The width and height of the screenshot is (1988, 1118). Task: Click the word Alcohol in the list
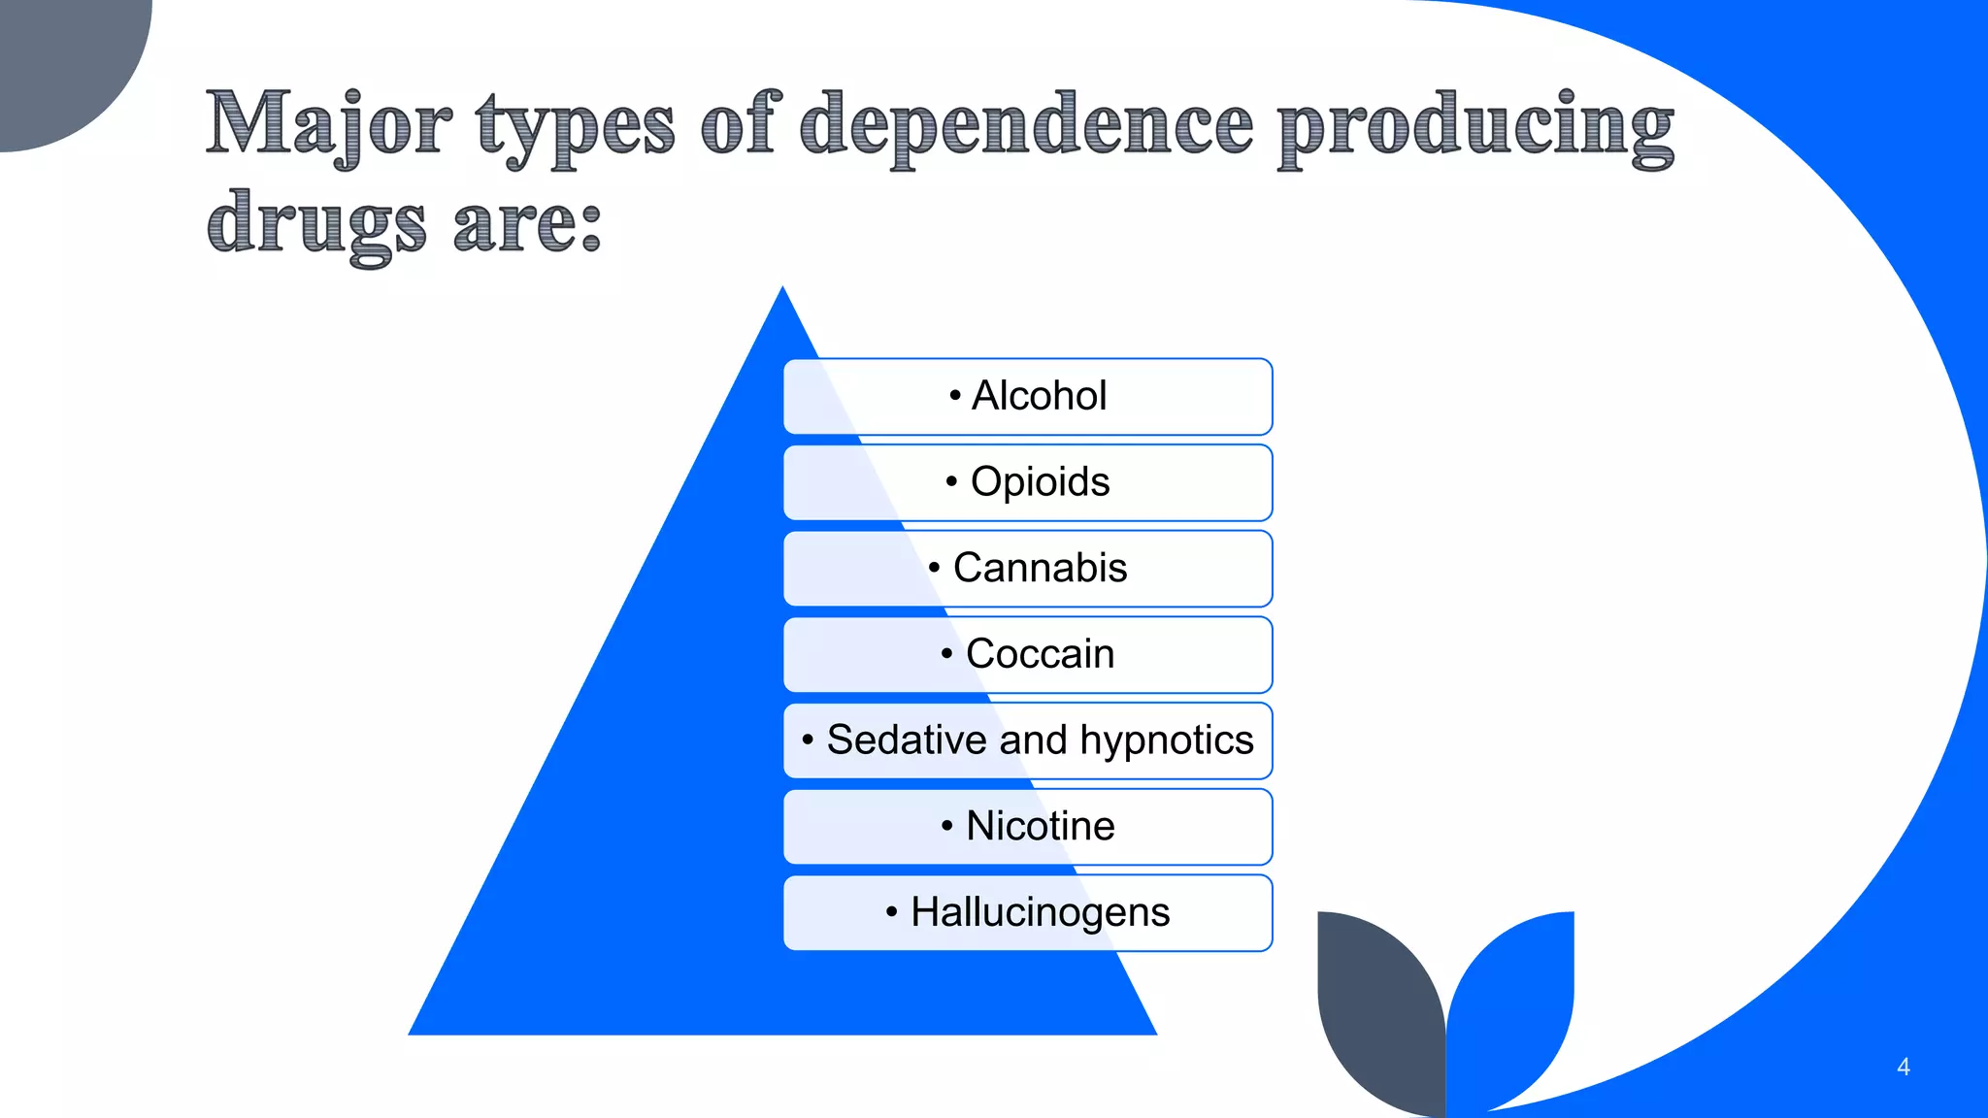[1039, 396]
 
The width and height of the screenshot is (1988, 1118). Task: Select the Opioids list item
[1040, 482]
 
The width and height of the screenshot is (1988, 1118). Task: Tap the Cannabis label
[1040, 568]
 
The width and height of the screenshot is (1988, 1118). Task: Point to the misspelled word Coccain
[1040, 654]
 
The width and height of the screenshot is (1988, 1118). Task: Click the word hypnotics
[1167, 740]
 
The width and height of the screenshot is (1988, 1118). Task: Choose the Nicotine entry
[1040, 826]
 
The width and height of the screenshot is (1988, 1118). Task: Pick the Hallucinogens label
[1040, 912]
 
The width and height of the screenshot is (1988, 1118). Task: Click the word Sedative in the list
[908, 740]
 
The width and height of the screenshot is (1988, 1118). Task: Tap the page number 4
[1903, 1067]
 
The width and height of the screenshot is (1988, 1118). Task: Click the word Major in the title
[328, 124]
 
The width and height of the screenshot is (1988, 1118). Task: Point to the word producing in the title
[1475, 126]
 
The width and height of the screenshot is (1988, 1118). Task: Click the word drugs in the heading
[316, 223]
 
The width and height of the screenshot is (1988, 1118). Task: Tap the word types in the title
[575, 126]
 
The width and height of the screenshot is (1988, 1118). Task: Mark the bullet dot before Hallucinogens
[892, 912]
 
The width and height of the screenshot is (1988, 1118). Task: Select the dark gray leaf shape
[1378, 1009]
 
